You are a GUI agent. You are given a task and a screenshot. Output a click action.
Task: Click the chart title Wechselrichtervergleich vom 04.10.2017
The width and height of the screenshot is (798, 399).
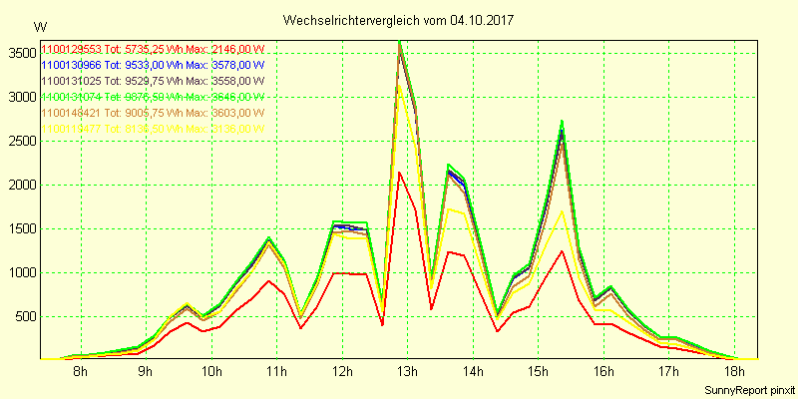click(402, 20)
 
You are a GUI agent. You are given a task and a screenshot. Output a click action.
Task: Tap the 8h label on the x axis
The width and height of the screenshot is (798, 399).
click(80, 373)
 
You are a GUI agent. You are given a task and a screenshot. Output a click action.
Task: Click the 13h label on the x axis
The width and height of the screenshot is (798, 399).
click(407, 373)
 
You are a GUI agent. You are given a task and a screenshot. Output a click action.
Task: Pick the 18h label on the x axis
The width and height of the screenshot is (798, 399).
click(734, 373)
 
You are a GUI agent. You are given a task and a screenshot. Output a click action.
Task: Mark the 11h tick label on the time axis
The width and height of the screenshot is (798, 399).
click(276, 373)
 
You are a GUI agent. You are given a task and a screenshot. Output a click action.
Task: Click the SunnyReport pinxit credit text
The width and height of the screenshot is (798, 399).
click(747, 389)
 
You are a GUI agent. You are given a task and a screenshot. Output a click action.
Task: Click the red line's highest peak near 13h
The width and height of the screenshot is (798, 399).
click(399, 172)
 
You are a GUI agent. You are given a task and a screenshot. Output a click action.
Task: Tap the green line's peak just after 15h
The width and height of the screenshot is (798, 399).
click(563, 121)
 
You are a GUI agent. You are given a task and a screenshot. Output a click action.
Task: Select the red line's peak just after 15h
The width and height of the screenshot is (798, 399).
click(563, 250)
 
